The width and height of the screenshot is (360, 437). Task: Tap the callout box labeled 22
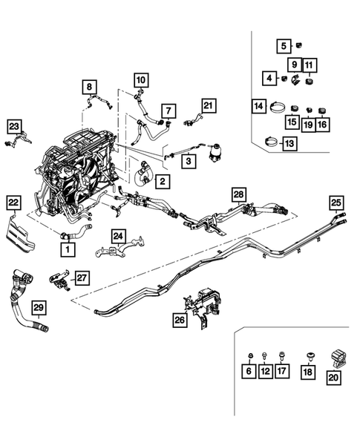click(13, 201)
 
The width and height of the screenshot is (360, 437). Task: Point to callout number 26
click(179, 321)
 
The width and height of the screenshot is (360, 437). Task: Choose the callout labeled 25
click(336, 201)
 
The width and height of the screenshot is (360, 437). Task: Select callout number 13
click(287, 143)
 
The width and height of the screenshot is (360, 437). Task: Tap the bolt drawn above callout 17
click(281, 355)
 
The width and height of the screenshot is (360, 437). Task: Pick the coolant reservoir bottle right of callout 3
click(220, 154)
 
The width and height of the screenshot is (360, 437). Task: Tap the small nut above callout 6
click(249, 355)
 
